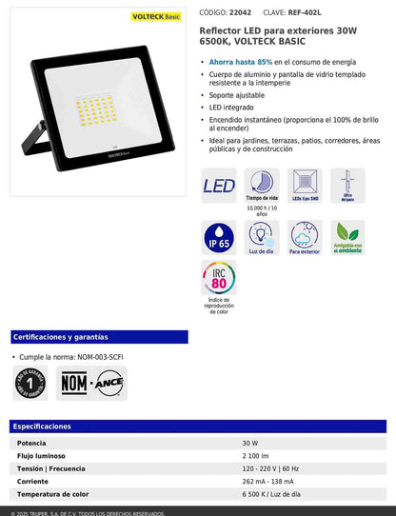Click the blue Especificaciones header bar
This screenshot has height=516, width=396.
[x=197, y=427]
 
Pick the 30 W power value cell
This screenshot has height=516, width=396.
[x=249, y=444]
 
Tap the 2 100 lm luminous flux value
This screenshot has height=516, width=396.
[x=256, y=456]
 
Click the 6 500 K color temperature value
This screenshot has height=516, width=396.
[x=270, y=495]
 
